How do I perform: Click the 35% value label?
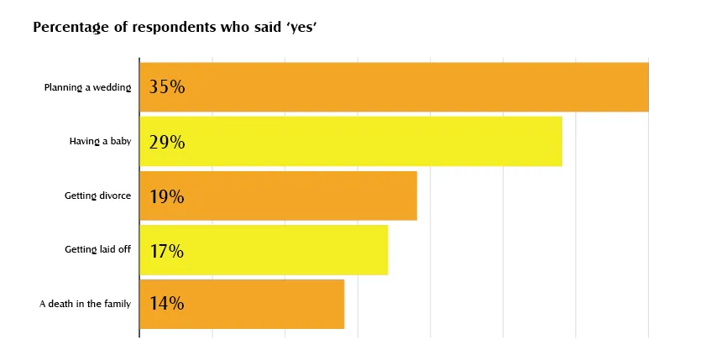[x=166, y=87]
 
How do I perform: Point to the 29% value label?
[x=166, y=142]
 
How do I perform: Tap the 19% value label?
[x=166, y=196]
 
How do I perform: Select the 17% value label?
[x=166, y=250]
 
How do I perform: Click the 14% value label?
[x=166, y=304]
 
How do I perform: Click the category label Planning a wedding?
[x=87, y=87]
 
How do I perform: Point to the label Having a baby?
[x=100, y=142]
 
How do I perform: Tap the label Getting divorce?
[x=97, y=196]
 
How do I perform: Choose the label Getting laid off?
[x=97, y=250]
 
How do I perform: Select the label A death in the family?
[x=85, y=304]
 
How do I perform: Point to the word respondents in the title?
[x=174, y=28]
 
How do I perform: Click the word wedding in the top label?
[x=112, y=87]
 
